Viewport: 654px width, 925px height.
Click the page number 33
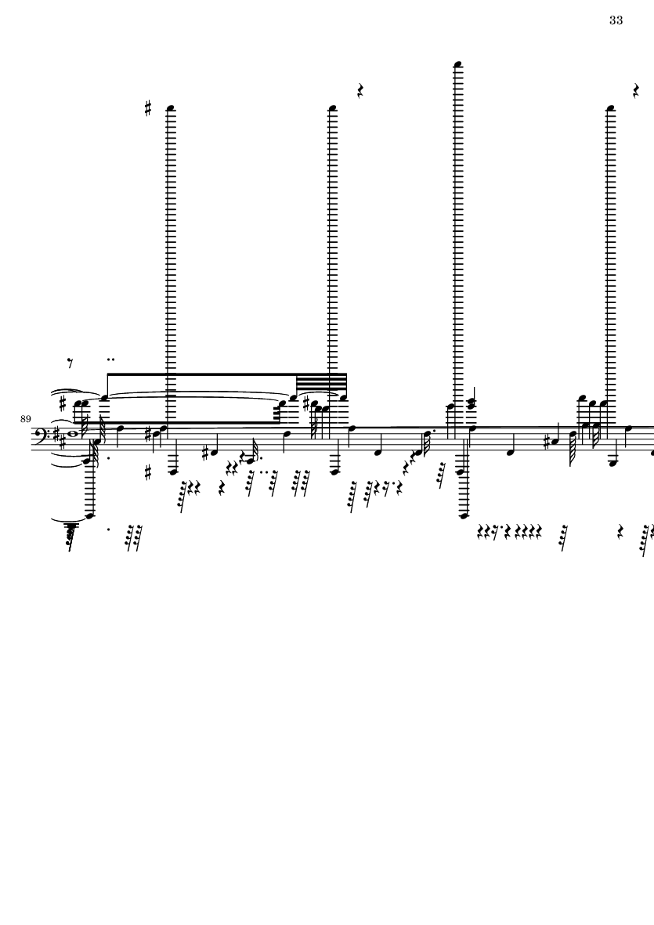(616, 20)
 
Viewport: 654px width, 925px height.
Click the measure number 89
(25, 419)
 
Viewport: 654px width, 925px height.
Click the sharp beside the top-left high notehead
(148, 108)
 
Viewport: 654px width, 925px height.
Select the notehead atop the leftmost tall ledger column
(171, 109)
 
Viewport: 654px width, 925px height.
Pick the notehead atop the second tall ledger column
(332, 109)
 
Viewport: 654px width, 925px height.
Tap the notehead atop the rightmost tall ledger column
(610, 109)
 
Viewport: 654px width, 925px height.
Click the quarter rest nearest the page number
(636, 91)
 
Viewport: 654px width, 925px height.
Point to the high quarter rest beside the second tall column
(360, 91)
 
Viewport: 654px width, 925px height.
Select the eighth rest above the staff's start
(70, 363)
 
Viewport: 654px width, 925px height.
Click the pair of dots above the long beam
(110, 360)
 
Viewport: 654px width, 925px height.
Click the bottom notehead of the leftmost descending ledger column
(89, 515)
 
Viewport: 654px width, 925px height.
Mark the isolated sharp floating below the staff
(148, 472)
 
